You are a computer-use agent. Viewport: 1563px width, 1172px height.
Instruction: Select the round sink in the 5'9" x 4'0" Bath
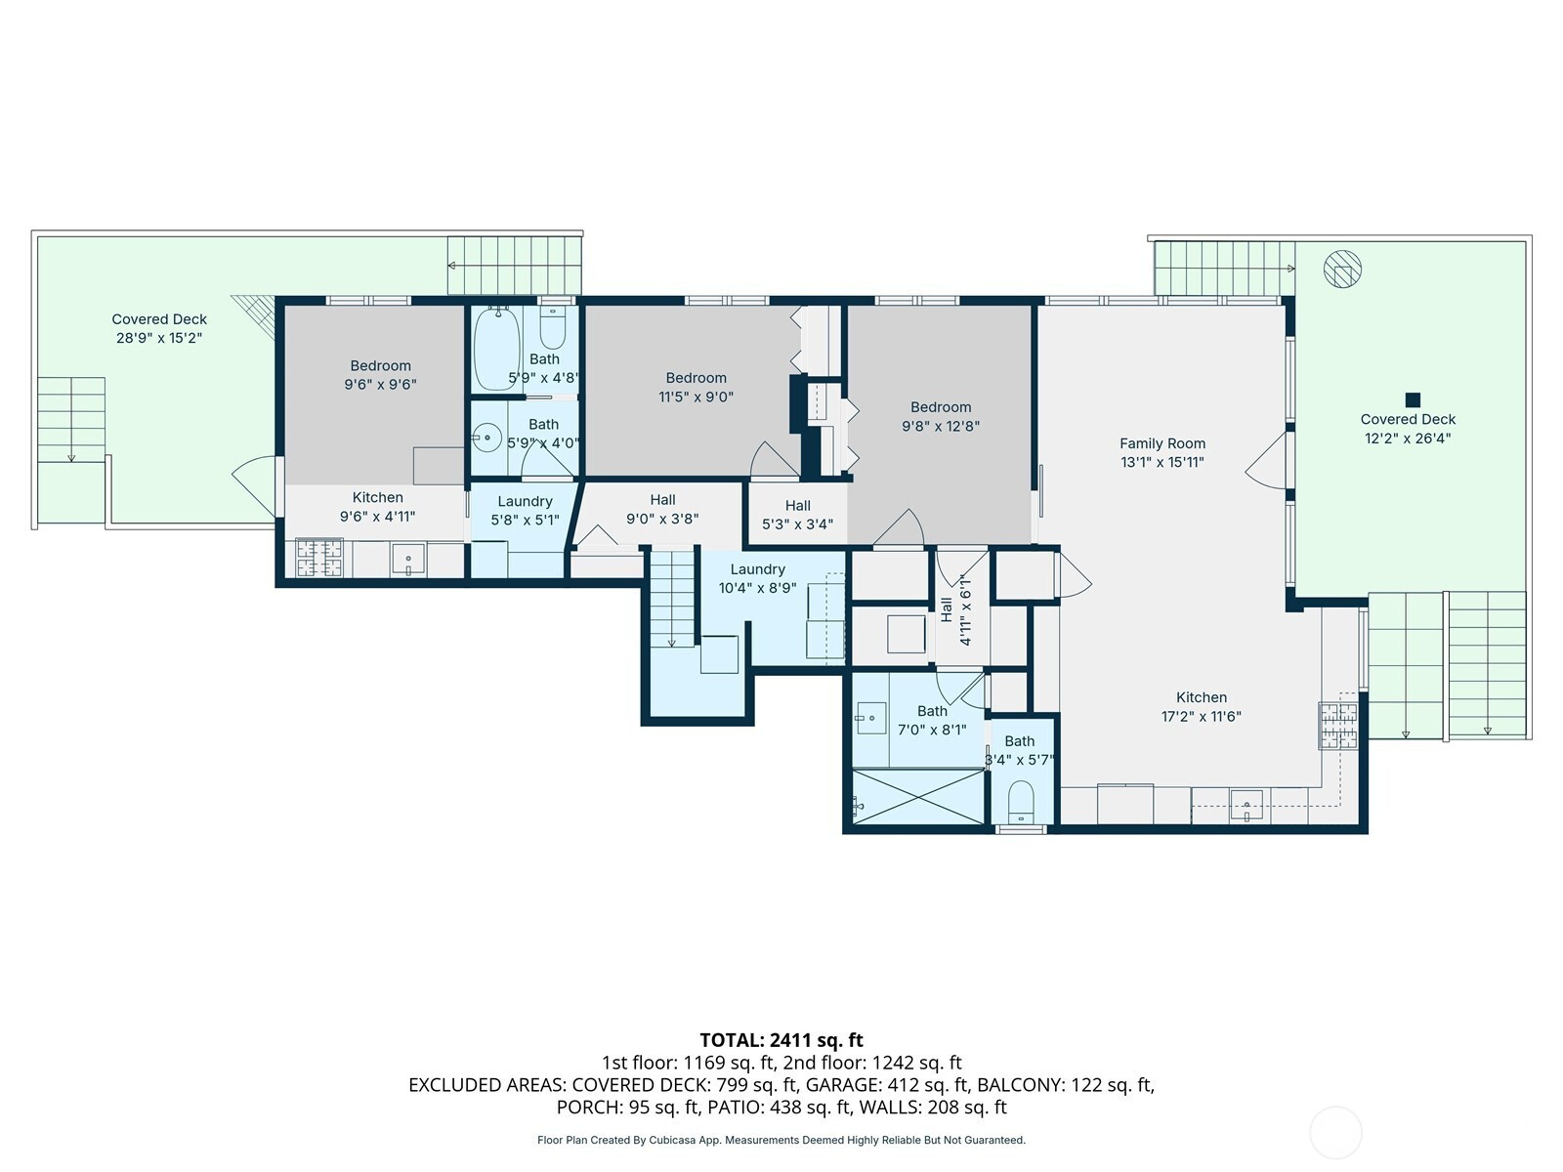point(487,438)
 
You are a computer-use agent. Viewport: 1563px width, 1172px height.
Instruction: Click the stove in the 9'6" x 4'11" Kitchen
point(319,558)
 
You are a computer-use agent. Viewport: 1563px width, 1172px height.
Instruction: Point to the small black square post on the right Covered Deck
point(1413,399)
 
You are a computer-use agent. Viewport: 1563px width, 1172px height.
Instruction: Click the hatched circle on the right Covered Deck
point(1342,270)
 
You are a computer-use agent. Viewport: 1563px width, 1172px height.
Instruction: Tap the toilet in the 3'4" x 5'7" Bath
point(1021,803)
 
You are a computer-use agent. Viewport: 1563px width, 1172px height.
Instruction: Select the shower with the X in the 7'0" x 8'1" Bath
point(918,797)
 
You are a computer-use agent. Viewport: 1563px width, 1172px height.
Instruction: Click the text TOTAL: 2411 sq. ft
point(781,1040)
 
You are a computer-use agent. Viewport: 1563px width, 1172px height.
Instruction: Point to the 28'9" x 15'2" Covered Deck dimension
point(159,338)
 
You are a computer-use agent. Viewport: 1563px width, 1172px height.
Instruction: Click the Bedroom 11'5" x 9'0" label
point(696,387)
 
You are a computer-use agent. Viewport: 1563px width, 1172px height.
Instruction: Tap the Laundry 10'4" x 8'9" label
point(758,578)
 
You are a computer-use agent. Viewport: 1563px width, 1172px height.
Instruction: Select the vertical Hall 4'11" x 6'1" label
point(955,609)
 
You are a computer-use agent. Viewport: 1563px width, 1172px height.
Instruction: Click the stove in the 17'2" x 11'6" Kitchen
point(1338,725)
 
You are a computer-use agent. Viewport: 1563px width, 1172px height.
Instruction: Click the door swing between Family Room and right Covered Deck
point(1265,460)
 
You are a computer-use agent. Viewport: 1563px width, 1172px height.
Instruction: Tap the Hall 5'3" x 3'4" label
point(797,515)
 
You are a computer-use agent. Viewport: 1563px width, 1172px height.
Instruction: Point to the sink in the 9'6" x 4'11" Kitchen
point(408,560)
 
